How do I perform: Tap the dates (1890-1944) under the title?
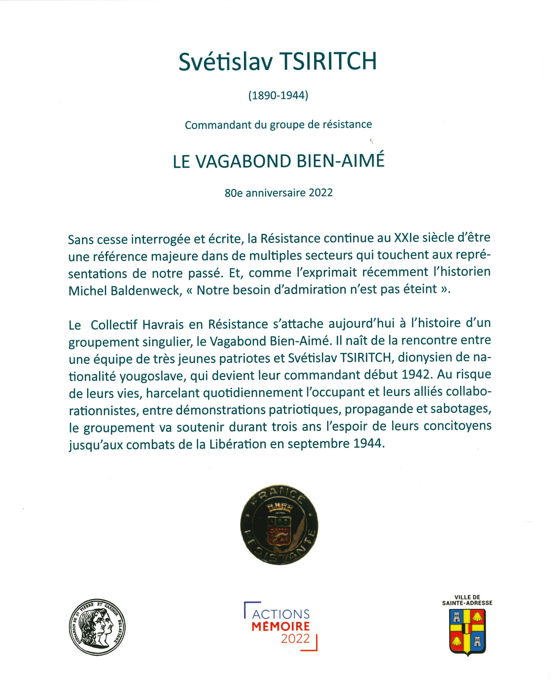(278, 96)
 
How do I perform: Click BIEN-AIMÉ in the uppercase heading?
(341, 161)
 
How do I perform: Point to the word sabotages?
(461, 409)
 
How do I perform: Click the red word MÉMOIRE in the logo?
(281, 626)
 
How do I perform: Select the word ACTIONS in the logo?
(281, 614)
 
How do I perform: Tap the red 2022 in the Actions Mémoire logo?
(295, 638)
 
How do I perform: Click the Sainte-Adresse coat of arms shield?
(467, 632)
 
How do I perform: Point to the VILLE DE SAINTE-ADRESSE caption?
(467, 600)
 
